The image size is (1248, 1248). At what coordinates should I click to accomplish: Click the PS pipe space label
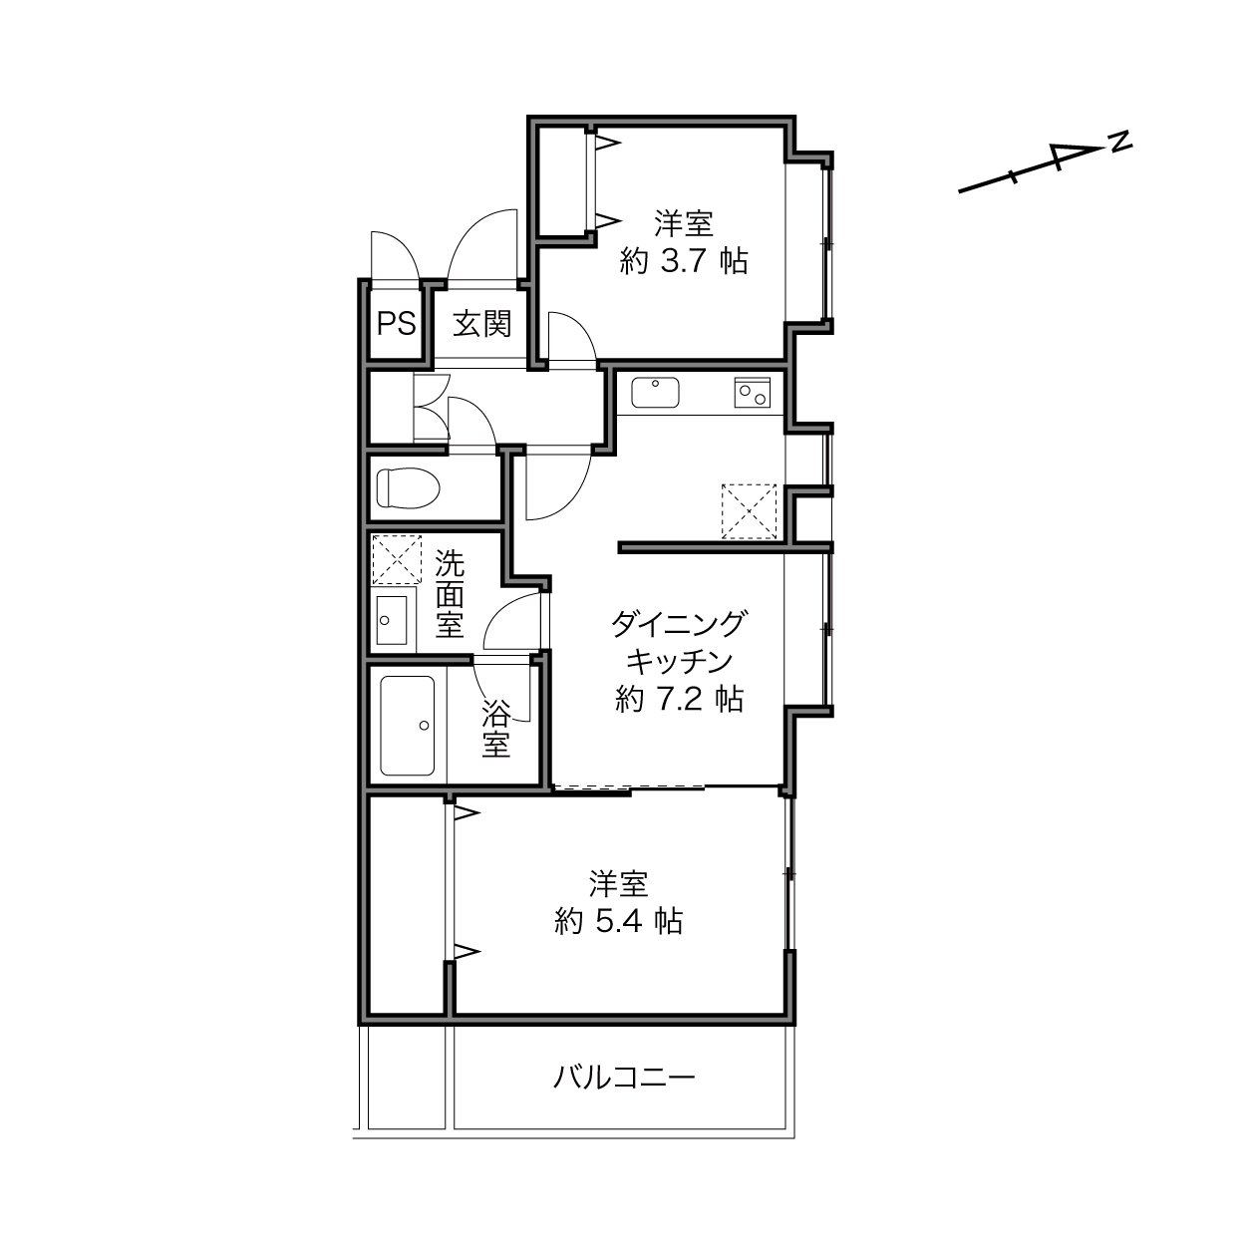pos(396,323)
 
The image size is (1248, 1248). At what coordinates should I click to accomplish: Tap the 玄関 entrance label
pos(481,323)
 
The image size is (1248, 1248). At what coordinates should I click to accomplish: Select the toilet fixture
pos(408,487)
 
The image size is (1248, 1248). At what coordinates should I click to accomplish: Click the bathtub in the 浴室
pos(407,726)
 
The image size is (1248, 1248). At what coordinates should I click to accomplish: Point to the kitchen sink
pos(655,393)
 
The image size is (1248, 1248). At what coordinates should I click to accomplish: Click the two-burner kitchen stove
pos(752,392)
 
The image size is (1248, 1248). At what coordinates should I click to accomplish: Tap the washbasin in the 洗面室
pos(392,620)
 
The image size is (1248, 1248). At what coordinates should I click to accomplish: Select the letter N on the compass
pos(1120,142)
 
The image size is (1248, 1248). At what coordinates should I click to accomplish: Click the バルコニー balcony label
pos(624,1077)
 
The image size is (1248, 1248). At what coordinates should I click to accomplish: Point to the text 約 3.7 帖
pos(683,261)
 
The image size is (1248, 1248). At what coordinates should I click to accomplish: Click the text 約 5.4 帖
pos(618,920)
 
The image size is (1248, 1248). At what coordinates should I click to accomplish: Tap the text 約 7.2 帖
pos(679,699)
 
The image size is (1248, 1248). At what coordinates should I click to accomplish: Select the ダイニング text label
pos(679,624)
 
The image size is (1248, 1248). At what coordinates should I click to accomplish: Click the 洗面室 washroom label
pos(450,594)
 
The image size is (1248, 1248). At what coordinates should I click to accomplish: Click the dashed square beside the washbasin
pos(397,559)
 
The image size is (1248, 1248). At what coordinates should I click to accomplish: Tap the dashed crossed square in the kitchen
pos(749,511)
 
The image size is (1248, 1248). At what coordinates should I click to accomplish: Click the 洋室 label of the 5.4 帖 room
pos(618,883)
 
